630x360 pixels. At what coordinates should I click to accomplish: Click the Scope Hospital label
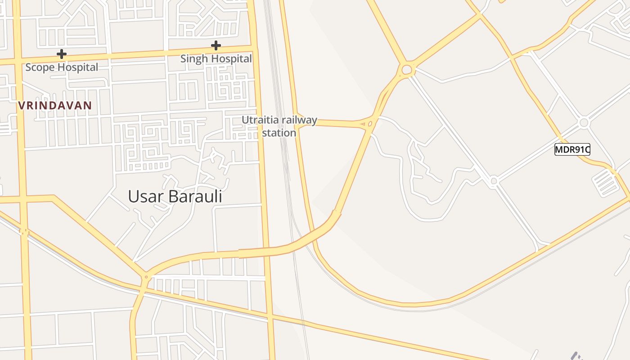pos(62,67)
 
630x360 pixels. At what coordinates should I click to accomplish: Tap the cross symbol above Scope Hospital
pos(62,54)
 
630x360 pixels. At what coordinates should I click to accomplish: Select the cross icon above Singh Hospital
pos(216,45)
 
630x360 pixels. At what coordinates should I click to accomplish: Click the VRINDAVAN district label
pos(55,106)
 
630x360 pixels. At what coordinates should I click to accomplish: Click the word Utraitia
pos(260,120)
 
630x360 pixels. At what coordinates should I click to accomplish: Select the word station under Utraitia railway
pos(279,133)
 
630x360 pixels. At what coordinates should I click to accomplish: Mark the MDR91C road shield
pos(572,150)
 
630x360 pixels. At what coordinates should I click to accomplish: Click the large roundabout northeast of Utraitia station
pos(407,70)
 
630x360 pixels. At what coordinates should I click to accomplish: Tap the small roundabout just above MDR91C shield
pos(584,122)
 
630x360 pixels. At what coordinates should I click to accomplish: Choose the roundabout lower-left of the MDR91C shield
pos(494,181)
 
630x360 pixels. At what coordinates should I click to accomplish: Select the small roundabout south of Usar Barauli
pos(145,277)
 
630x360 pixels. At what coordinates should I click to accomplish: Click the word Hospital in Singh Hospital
pos(232,59)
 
